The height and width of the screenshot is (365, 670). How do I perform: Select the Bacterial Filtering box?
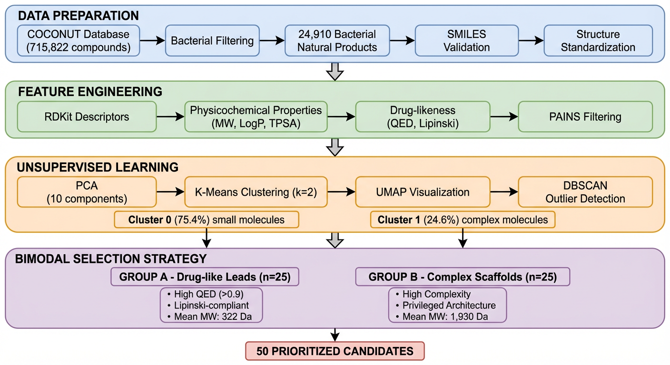pos(212,40)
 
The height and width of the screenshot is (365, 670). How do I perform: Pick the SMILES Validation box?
pos(467,40)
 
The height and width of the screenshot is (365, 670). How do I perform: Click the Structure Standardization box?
pos(598,40)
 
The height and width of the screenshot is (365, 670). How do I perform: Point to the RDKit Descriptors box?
pos(86,116)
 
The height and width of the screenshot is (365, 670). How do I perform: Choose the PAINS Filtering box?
pos(585,116)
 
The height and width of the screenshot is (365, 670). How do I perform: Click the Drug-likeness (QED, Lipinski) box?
pos(423,116)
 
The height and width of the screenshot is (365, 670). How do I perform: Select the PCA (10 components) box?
pos(86,192)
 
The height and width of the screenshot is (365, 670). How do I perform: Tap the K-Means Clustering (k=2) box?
pos(256,192)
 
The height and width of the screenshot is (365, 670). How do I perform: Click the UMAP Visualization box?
pos(423,192)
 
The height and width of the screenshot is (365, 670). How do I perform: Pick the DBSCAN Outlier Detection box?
pos(585,192)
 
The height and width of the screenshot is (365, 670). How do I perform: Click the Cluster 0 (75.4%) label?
pos(206,220)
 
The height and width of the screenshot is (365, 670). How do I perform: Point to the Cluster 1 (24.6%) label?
pos(463,220)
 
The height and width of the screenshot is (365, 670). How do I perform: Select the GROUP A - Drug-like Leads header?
pos(205,277)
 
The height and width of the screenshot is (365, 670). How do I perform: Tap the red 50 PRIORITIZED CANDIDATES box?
pos(335,351)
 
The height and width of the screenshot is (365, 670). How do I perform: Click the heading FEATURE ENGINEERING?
pos(90,91)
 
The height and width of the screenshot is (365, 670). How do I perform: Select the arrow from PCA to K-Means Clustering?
pos(170,192)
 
